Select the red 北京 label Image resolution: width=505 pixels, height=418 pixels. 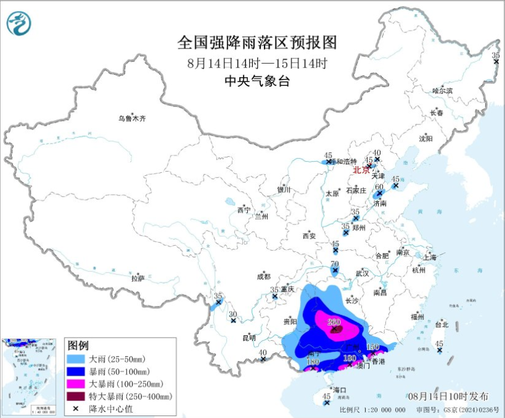coord(361,170)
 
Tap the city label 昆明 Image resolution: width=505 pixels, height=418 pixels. coord(249,337)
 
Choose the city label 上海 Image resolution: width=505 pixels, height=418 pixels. coord(430,257)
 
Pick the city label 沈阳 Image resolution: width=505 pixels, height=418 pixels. coord(426,139)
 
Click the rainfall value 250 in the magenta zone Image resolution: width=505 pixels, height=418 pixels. coord(334,322)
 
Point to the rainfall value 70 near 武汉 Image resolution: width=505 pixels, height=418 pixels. coord(334,264)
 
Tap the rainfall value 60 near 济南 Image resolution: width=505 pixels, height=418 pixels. coord(379,187)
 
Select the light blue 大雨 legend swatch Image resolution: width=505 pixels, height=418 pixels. coord(76,359)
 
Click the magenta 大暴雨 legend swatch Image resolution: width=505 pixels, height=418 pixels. coord(76,384)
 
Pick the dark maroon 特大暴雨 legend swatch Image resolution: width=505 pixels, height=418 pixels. coord(76,397)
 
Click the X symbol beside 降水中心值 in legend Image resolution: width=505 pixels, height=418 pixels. coord(76,409)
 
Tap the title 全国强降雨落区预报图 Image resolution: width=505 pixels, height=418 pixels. coord(257,43)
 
